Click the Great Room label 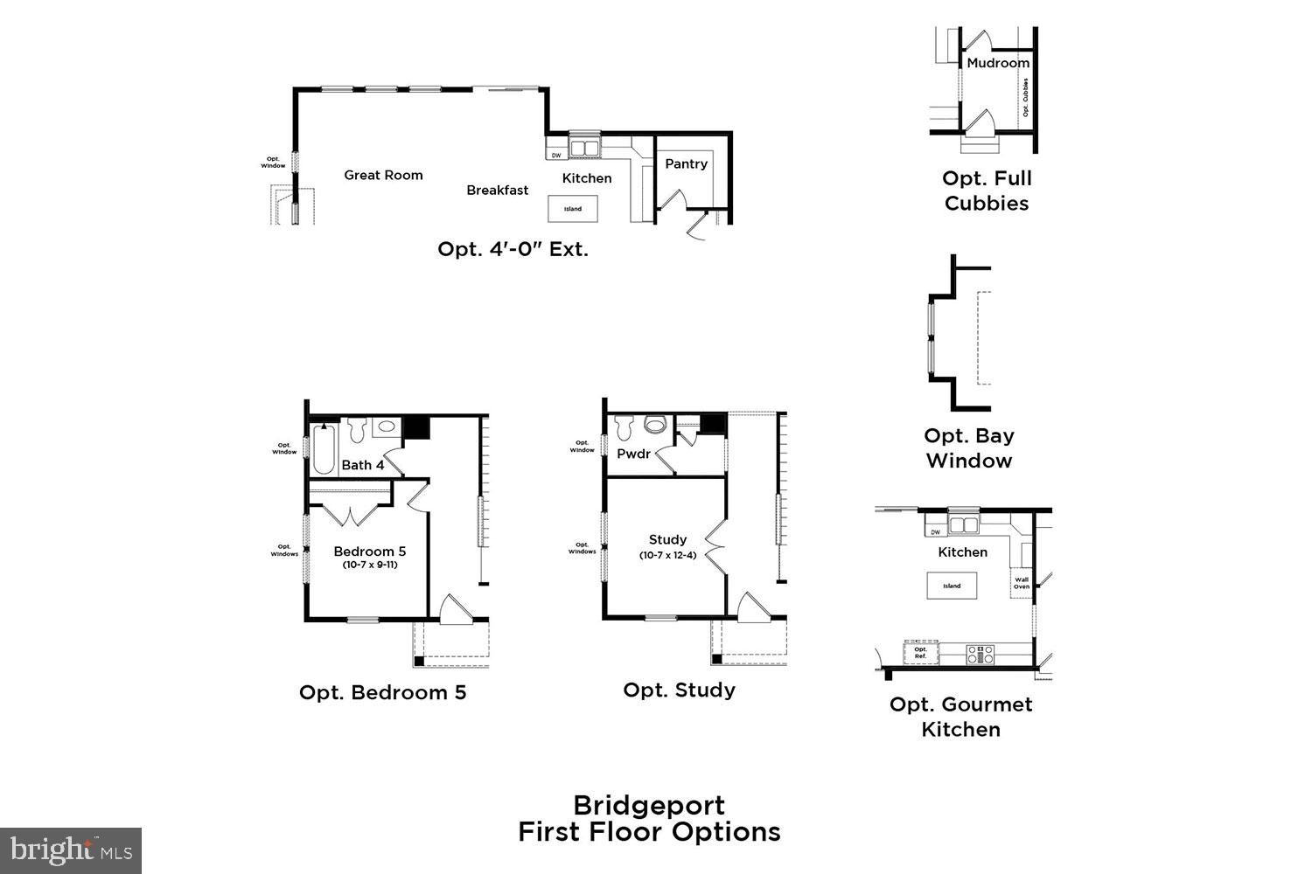pos(383,175)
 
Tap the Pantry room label pos(686,163)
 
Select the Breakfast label pos(497,190)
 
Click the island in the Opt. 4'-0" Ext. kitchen pos(573,209)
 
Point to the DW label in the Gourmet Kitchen pos(935,531)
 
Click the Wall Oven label pos(1021,583)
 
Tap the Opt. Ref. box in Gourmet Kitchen pos(920,653)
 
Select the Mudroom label pos(998,63)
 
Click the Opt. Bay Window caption pos(968,447)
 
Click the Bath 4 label pos(362,465)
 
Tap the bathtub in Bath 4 pos(324,447)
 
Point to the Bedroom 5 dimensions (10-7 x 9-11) pos(369,565)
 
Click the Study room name pos(667,539)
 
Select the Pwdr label pos(633,454)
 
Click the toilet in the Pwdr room pos(654,426)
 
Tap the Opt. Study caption pos(679,690)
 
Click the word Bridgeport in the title pos(648,804)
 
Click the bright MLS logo pos(70,850)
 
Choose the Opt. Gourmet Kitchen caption pos(960,716)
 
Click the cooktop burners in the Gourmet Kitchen pos(980,653)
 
